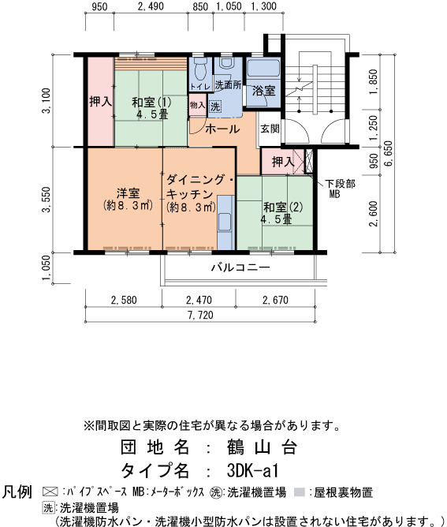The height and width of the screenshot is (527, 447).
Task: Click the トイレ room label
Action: point(199,86)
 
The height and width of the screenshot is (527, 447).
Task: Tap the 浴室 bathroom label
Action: point(263,91)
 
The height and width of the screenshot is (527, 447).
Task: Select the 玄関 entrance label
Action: point(270,128)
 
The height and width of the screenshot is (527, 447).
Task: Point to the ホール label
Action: point(222,129)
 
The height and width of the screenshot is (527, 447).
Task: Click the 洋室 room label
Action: point(128,193)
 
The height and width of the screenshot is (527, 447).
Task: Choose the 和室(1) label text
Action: point(151,102)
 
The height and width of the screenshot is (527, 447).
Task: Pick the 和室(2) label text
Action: point(283,207)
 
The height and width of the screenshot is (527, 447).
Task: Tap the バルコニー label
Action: point(240,267)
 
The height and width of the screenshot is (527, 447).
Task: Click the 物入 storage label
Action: point(197,105)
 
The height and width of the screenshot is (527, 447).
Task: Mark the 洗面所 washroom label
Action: point(228,85)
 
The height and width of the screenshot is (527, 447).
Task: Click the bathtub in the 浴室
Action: point(263,69)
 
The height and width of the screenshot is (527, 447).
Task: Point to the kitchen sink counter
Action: point(225,222)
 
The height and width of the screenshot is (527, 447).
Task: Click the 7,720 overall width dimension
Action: point(200,315)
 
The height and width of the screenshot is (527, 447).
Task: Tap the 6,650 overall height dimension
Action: point(388,154)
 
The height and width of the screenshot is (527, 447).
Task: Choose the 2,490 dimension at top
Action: point(151,6)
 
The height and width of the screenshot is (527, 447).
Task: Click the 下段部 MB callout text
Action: point(340,189)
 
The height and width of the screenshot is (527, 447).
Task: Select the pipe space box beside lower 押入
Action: point(309,161)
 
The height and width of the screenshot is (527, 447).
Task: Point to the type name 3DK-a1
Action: point(253,470)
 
